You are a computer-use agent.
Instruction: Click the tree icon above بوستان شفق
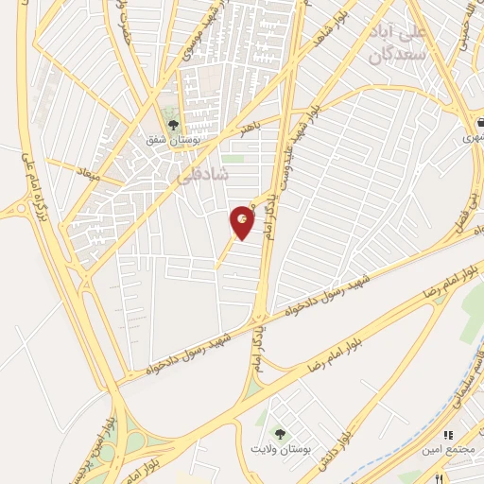[172, 123]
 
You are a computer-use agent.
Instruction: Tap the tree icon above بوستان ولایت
[278, 427]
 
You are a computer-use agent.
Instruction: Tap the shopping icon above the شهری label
[478, 121]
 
